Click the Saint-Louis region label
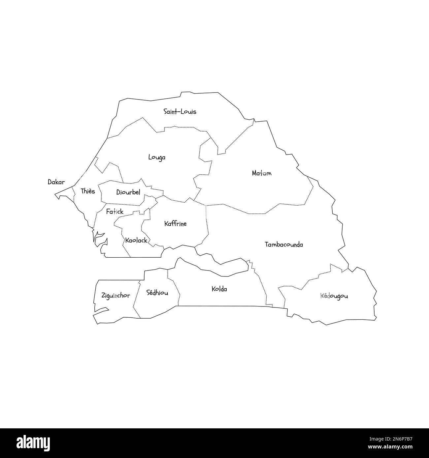(x=180, y=112)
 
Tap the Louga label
(x=157, y=157)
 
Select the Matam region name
(x=261, y=173)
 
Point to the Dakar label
(x=56, y=182)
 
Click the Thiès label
(x=87, y=191)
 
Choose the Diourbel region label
(x=128, y=192)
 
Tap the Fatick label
(x=115, y=212)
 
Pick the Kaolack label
(x=136, y=241)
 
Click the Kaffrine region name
(x=175, y=224)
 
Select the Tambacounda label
(x=284, y=244)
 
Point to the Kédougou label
(x=334, y=296)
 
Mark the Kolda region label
(x=219, y=289)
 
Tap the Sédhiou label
(x=157, y=292)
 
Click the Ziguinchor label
(x=115, y=296)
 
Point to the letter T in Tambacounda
(x=267, y=244)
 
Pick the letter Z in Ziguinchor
(x=103, y=296)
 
